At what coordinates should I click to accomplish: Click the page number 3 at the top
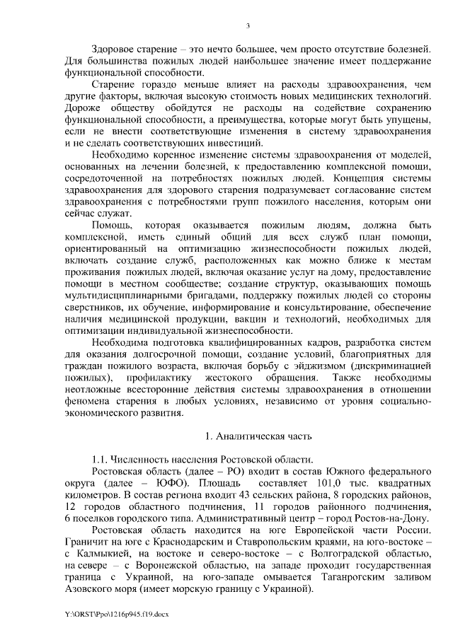[248, 26]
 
